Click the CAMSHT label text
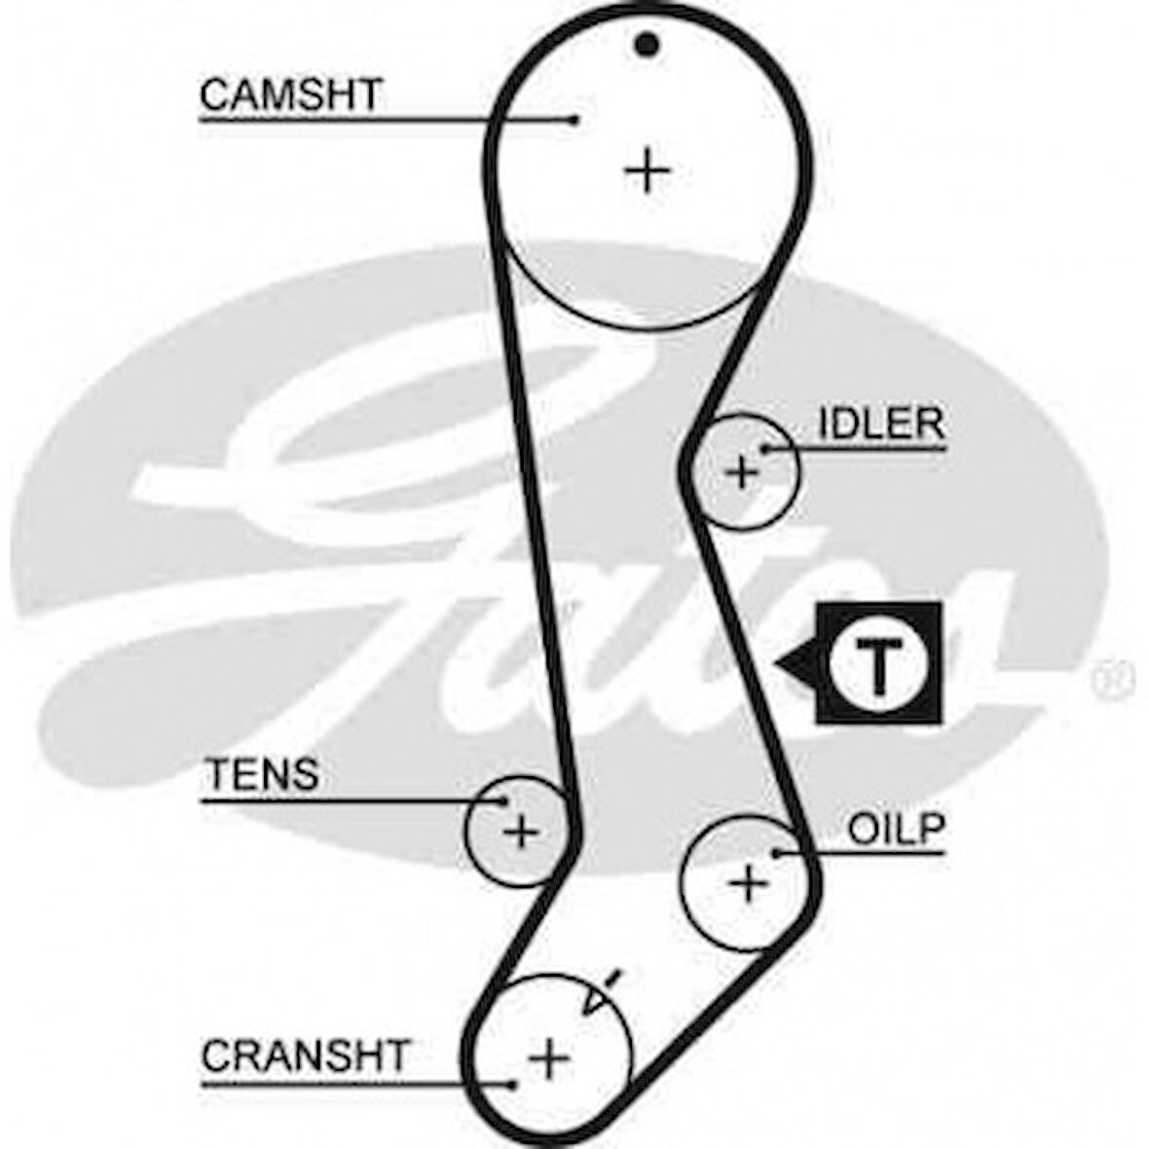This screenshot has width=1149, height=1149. click(x=290, y=95)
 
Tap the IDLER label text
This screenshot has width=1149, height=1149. click(x=880, y=424)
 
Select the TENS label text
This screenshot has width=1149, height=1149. click(x=261, y=775)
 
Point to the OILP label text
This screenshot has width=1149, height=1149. click(x=896, y=829)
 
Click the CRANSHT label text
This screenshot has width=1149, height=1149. click(x=306, y=1056)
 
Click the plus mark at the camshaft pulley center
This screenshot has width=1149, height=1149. click(x=646, y=172)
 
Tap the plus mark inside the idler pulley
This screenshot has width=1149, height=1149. click(x=743, y=472)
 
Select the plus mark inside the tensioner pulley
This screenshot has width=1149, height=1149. click(x=520, y=832)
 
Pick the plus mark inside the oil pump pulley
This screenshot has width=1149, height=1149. click(x=749, y=883)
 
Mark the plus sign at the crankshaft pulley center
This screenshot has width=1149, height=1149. click(x=549, y=1056)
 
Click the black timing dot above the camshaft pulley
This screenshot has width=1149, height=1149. click(x=646, y=44)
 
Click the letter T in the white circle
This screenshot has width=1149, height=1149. click(x=878, y=664)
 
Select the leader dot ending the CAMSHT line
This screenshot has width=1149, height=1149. click(x=574, y=121)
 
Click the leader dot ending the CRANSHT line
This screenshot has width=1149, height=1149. click(x=510, y=1083)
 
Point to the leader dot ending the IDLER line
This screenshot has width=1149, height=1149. click(x=765, y=449)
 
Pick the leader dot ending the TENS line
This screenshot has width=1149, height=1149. click(x=503, y=801)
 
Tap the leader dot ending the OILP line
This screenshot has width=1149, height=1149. click(x=776, y=854)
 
